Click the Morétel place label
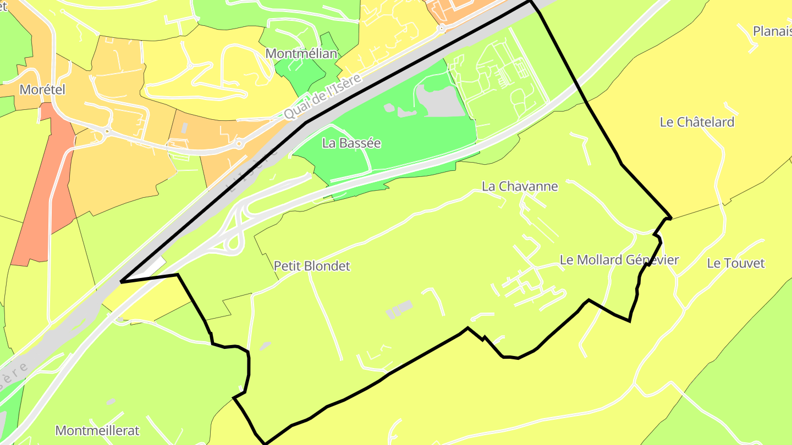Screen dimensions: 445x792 pyautogui.click(x=42, y=90)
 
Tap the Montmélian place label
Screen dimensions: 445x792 pyautogui.click(x=301, y=54)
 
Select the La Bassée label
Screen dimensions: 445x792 pyautogui.click(x=351, y=143)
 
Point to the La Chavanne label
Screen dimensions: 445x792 pyautogui.click(x=520, y=186)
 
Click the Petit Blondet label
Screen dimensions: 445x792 pyautogui.click(x=312, y=266)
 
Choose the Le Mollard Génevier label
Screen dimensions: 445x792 pyautogui.click(x=619, y=260)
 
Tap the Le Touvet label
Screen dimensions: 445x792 pyautogui.click(x=735, y=263)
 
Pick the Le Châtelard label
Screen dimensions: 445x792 pyautogui.click(x=697, y=122)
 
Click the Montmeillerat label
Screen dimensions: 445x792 pyautogui.click(x=98, y=430)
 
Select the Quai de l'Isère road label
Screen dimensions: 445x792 pyautogui.click(x=323, y=97)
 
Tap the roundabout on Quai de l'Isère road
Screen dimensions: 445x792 pyautogui.click(x=238, y=144)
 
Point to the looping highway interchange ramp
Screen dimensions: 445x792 pyautogui.click(x=237, y=231)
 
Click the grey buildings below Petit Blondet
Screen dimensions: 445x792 pyautogui.click(x=399, y=309)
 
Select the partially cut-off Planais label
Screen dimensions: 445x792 pyautogui.click(x=772, y=31)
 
